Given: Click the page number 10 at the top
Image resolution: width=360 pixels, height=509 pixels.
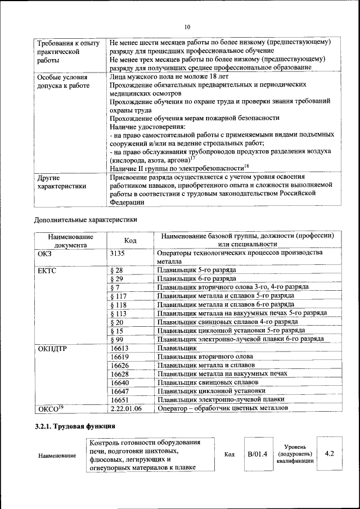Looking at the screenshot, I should point(187,26).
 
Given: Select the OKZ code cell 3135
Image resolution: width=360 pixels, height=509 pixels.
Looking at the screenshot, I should point(120,254).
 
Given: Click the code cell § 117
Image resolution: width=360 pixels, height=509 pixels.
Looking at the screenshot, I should point(119,295).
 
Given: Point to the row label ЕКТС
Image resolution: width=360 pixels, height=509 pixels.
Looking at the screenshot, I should point(48,271).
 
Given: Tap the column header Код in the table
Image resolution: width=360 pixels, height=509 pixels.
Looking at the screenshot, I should point(130,240).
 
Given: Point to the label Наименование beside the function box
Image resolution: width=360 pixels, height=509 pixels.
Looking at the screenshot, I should point(57,455).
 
